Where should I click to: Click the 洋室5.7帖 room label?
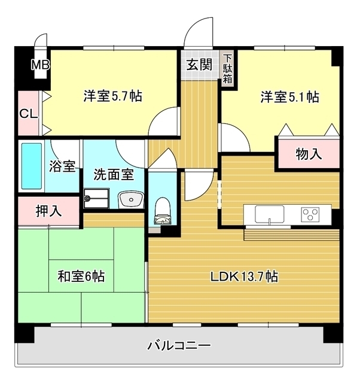[112, 96]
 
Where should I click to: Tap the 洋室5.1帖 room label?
[289, 97]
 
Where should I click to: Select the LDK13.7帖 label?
[243, 277]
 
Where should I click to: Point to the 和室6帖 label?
[81, 276]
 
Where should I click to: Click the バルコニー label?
[178, 345]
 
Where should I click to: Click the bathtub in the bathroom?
[32, 166]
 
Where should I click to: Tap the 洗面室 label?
[113, 176]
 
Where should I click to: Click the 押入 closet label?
[48, 210]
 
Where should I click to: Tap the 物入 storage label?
[309, 154]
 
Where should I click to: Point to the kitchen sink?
[269, 214]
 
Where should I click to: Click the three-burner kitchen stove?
[312, 213]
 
